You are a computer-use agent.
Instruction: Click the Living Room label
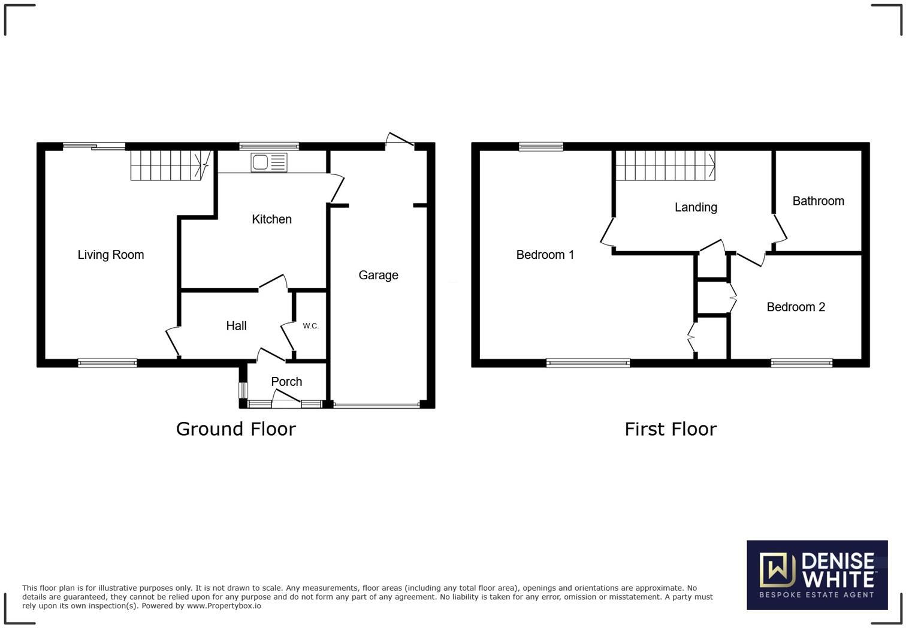[111, 255]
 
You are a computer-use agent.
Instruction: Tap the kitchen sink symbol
[270, 162]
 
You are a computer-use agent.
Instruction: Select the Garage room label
[378, 275]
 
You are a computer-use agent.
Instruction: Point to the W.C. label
[310, 326]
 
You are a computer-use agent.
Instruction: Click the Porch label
[286, 382]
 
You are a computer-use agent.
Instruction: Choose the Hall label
[236, 326]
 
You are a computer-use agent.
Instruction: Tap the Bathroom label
[818, 201]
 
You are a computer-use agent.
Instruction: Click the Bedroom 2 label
[796, 307]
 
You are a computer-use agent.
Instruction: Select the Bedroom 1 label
[545, 255]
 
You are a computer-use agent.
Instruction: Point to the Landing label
[696, 207]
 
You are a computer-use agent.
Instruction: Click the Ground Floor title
[235, 429]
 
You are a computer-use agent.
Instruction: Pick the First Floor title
[671, 429]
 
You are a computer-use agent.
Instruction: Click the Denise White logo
[817, 575]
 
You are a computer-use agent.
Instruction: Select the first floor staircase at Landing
[665, 165]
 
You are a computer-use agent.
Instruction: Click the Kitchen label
[271, 219]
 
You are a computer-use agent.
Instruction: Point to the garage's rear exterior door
[400, 141]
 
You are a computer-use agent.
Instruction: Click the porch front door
[286, 400]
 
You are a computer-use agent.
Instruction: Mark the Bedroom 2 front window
[801, 363]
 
